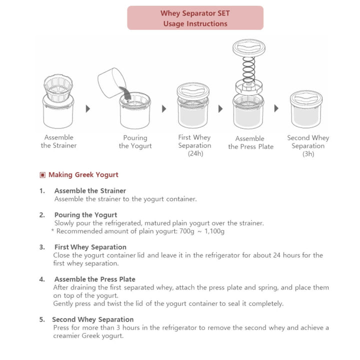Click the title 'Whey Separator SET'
195,13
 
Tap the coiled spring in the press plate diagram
249,70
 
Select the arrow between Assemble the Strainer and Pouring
87,108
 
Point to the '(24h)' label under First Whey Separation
195,153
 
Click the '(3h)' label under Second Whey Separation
308,154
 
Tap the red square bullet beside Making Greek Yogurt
42,175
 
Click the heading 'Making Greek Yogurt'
83,174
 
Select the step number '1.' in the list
42,191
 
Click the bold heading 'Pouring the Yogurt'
85,215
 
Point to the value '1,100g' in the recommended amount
214,231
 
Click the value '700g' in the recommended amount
187,231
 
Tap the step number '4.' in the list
42,279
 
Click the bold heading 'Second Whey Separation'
93,319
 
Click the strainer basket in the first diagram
58,88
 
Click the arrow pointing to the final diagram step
276,108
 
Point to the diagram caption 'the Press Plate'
250,146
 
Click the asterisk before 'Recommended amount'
52,230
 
